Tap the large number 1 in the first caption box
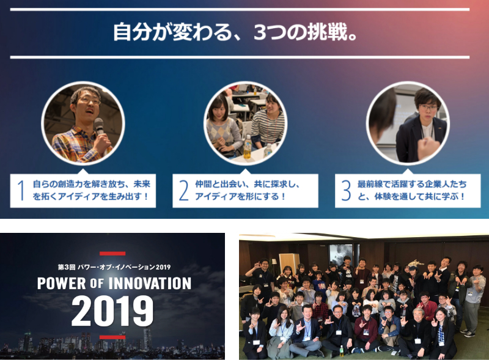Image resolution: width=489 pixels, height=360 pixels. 21,190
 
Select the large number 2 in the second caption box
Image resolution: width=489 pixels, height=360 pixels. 184,190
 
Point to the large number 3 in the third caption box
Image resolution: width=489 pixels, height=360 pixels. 346,190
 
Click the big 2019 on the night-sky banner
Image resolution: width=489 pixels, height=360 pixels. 112,311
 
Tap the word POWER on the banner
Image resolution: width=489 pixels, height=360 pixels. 62,284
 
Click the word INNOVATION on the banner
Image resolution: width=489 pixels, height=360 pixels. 150,284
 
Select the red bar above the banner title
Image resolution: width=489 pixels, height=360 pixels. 112,253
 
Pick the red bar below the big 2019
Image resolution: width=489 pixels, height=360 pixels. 112,337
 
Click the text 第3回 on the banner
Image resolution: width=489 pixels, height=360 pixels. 67,267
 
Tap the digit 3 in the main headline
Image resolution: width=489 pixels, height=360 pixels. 261,32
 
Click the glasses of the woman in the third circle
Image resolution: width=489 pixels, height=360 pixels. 428,108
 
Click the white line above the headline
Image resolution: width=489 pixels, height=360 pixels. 240,10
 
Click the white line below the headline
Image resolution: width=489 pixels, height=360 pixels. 240,57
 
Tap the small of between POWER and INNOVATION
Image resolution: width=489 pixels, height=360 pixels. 97,284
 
